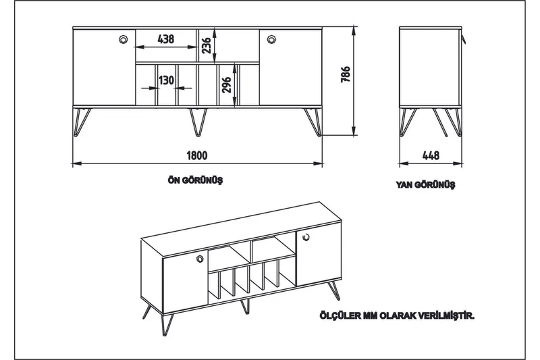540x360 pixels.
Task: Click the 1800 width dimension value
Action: (x=196, y=155)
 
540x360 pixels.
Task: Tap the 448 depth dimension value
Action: (x=430, y=155)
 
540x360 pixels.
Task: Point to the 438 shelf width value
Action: (x=165, y=39)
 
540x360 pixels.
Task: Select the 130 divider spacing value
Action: (x=166, y=80)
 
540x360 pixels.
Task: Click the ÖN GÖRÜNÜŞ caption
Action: (x=195, y=180)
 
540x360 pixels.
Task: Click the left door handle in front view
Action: (x=124, y=39)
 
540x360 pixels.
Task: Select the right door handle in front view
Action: (x=271, y=39)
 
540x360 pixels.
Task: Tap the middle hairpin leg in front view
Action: (x=197, y=120)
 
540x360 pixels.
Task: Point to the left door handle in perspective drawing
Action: (x=200, y=259)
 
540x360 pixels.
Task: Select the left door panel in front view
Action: (x=104, y=68)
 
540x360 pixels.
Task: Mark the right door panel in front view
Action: (x=290, y=68)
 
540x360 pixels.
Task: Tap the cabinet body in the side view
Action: (x=430, y=68)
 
